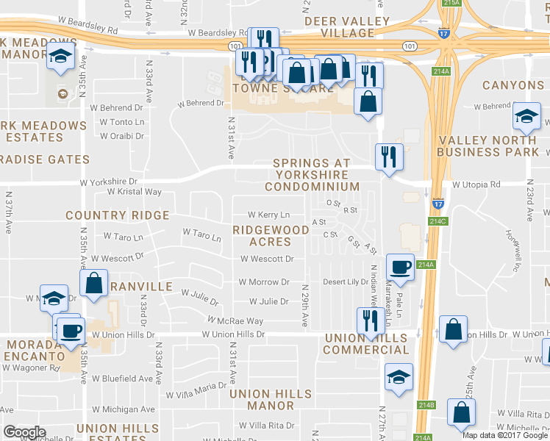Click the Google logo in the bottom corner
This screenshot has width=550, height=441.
(x=24, y=432)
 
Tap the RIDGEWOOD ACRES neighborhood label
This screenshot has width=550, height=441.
(x=271, y=235)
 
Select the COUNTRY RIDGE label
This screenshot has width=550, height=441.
(x=117, y=215)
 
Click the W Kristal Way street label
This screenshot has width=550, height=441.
(x=134, y=192)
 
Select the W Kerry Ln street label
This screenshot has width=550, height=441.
(x=268, y=215)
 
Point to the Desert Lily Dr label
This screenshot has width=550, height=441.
(x=346, y=282)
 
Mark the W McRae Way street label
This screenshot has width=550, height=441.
(x=235, y=321)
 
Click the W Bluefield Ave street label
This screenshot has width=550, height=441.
(x=122, y=379)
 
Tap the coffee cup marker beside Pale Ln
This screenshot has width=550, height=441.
(x=400, y=268)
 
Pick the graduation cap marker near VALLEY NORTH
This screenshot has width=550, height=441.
(x=526, y=117)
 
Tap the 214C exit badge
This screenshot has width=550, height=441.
(x=437, y=220)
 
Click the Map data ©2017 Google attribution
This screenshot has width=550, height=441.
(x=504, y=434)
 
